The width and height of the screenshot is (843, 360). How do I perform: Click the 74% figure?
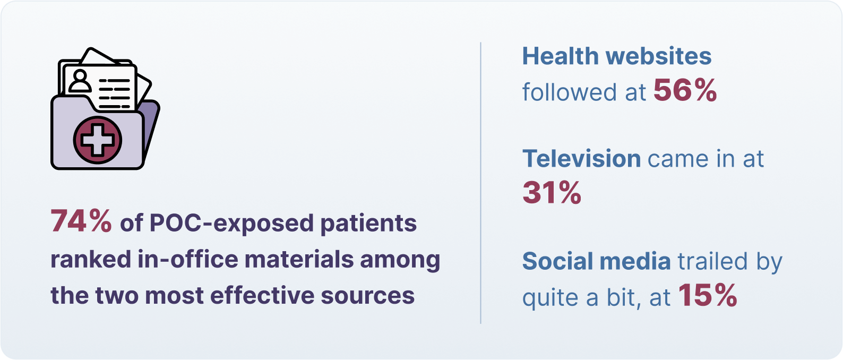pos(81,221)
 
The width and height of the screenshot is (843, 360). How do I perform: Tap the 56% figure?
pos(685,90)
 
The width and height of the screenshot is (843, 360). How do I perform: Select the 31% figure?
pos(552,192)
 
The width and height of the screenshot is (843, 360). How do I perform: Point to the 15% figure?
pos(708,295)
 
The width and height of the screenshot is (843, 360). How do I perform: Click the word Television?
pos(582,159)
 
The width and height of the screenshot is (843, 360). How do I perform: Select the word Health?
pos(561,56)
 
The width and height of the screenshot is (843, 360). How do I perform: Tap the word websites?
pos(659,56)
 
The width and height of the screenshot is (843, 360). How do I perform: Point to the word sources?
pos(368,296)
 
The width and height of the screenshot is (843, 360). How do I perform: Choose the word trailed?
pos(712,261)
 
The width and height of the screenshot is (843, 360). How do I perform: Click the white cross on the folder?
pos(98,140)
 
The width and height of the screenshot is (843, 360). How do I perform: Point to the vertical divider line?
pos(480,183)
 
